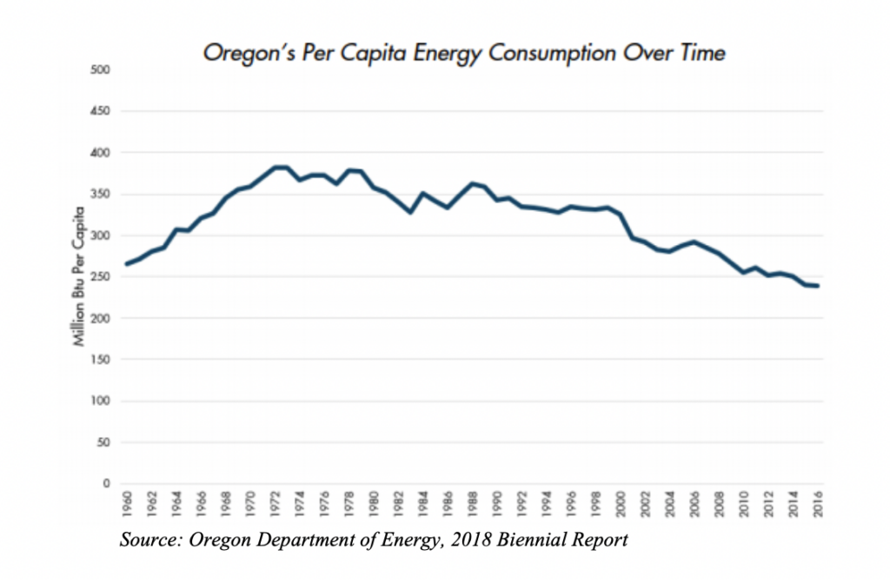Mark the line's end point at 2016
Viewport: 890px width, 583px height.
pos(818,286)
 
